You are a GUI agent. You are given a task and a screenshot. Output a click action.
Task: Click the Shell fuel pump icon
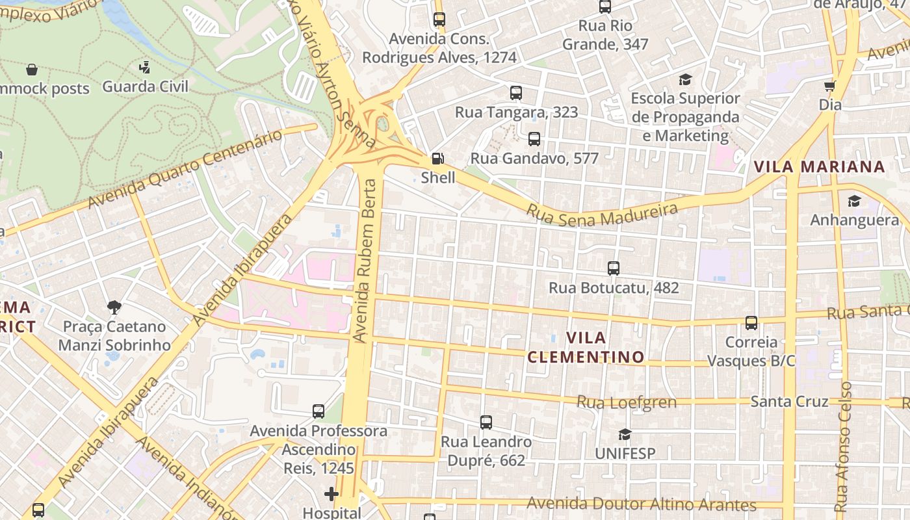click(438, 159)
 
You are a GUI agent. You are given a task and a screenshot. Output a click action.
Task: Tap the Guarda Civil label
click(145, 86)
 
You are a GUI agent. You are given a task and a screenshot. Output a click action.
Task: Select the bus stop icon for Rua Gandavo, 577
click(534, 139)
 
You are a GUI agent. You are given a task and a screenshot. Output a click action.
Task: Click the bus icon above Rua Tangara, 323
click(515, 93)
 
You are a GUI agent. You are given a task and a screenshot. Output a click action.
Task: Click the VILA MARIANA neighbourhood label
click(819, 166)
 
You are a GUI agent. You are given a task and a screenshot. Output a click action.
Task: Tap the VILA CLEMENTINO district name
click(586, 347)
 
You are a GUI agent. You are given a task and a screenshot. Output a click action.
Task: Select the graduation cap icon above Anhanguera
click(854, 201)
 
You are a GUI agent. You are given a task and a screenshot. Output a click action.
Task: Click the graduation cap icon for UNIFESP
click(625, 434)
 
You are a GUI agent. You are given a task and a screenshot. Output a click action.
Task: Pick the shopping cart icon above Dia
click(830, 86)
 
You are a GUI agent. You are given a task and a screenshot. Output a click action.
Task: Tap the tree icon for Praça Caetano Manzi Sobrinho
click(114, 307)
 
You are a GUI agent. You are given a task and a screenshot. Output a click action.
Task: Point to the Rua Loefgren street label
click(627, 402)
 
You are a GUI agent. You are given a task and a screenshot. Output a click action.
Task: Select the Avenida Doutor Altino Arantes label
click(641, 504)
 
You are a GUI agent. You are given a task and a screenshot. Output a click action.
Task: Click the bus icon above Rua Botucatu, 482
click(613, 268)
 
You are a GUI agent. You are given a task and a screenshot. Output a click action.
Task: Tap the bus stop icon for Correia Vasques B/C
click(751, 323)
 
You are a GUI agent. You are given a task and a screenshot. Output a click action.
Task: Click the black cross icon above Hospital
click(331, 494)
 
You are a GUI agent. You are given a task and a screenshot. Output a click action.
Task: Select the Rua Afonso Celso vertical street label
click(843, 446)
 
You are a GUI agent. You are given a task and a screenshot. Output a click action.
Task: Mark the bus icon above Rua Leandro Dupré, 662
click(486, 422)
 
